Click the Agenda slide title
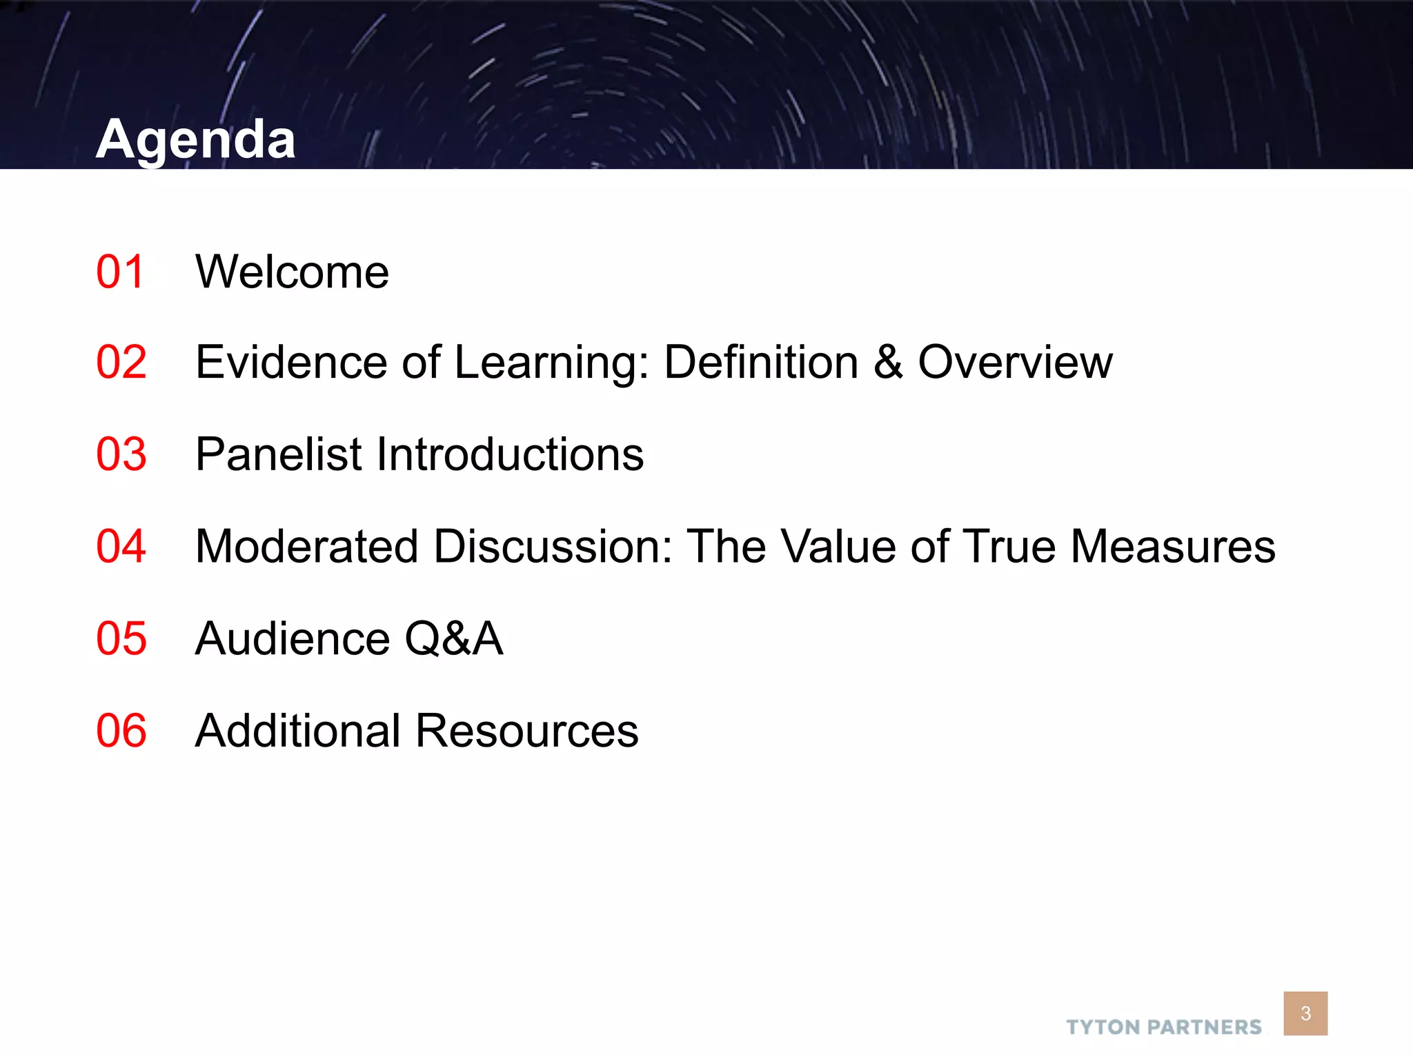(196, 139)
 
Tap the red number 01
(121, 272)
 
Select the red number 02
(121, 362)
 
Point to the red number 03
(121, 454)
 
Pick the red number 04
(121, 546)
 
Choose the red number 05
(121, 638)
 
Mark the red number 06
(121, 731)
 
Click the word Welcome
(292, 272)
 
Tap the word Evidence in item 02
(291, 362)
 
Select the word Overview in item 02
(1015, 362)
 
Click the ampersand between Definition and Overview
(888, 362)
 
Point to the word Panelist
(279, 454)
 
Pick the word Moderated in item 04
(307, 546)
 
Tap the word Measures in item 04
(1173, 546)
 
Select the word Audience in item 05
(293, 638)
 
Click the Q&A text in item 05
(453, 638)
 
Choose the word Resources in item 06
(527, 731)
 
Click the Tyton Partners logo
(1163, 1027)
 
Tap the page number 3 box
(1305, 1013)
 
